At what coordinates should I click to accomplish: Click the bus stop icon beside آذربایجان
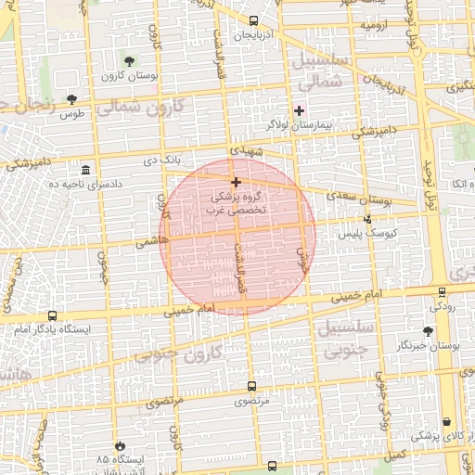[255, 19]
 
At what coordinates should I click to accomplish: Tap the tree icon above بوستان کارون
[129, 61]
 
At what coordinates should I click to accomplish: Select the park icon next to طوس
[72, 98]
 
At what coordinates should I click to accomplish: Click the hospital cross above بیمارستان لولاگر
[298, 111]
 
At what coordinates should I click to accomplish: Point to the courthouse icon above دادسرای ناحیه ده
[86, 170]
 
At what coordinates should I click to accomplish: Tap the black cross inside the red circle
[236, 182]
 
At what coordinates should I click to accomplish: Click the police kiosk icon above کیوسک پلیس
[368, 220]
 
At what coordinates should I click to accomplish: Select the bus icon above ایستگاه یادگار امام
[51, 315]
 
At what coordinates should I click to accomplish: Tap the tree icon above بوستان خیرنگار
[428, 330]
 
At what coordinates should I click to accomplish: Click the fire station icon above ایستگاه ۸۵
[119, 445]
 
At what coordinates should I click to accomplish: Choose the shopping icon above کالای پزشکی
[446, 422]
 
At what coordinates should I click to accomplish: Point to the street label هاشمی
[147, 241]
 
